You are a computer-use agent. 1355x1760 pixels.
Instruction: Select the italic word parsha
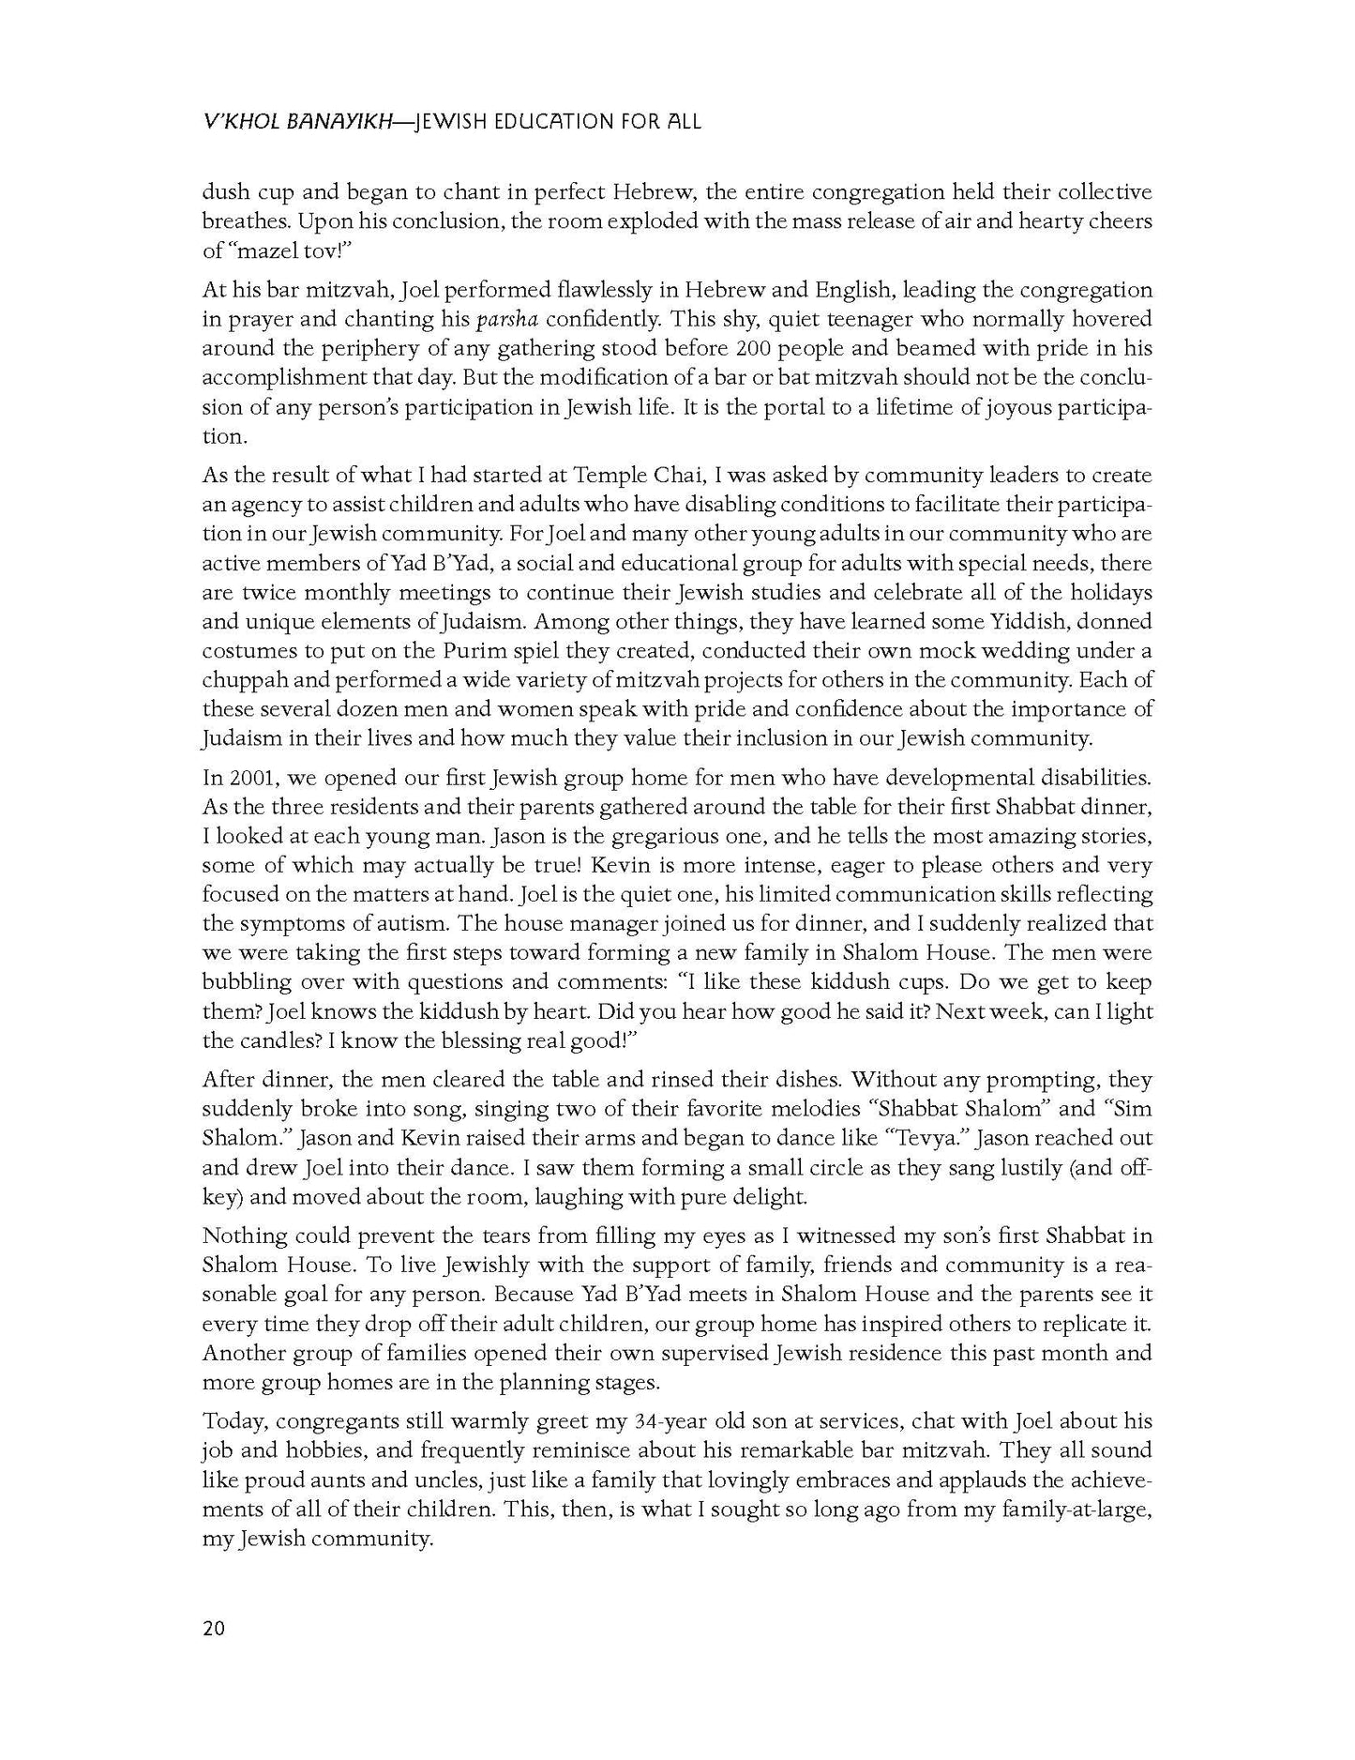click(507, 319)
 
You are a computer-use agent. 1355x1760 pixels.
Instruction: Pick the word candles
click(276, 1041)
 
